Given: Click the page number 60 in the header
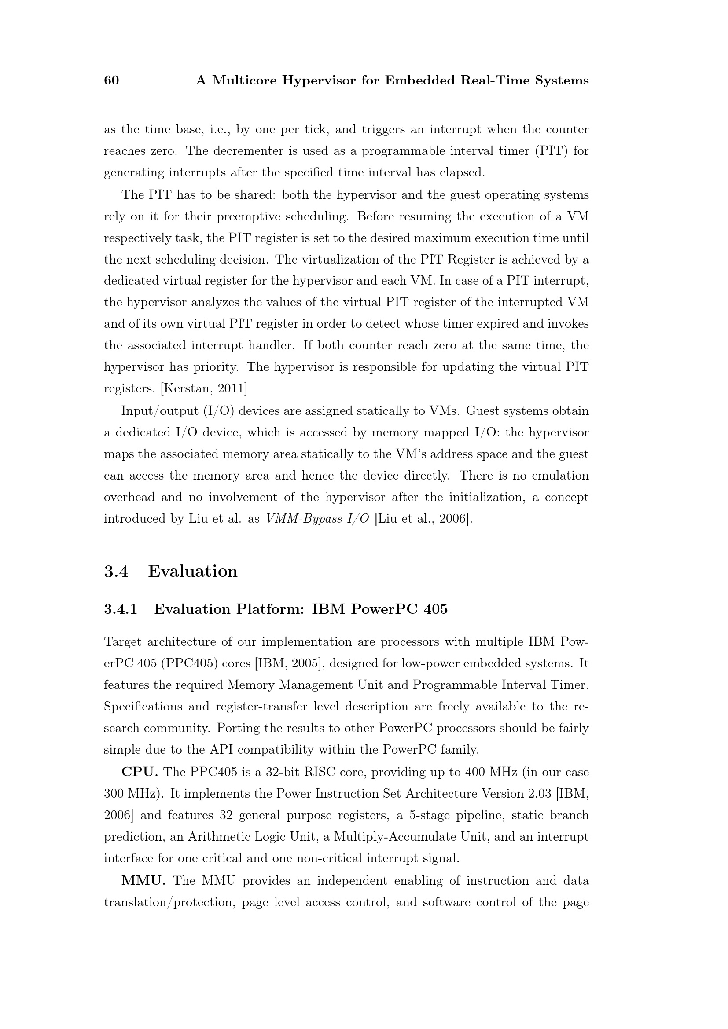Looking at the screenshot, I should [x=112, y=80].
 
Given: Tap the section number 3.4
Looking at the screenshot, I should [x=116, y=571].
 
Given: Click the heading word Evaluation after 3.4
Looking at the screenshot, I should [x=193, y=571].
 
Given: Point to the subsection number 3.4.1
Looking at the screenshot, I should [x=120, y=609].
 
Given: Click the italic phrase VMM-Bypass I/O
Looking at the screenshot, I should [x=317, y=519].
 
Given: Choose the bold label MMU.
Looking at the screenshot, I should [x=143, y=881].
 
